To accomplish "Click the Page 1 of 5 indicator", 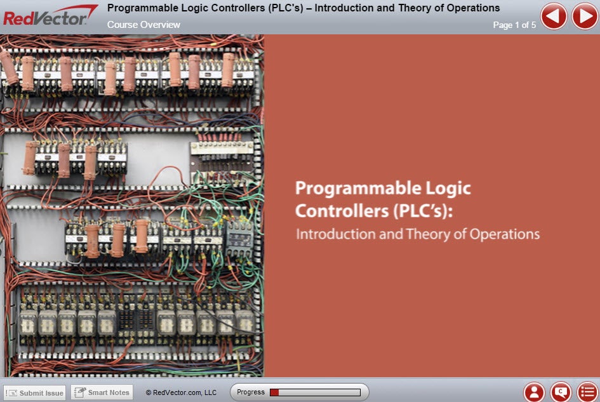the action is pyautogui.click(x=514, y=25).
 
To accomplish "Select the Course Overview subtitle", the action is pyautogui.click(x=143, y=25).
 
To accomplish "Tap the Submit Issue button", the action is pyautogui.click(x=35, y=393).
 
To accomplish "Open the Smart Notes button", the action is pyautogui.click(x=102, y=392).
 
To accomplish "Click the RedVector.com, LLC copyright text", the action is pyautogui.click(x=181, y=392).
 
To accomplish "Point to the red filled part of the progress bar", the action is pyautogui.click(x=274, y=392).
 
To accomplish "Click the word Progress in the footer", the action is pyautogui.click(x=251, y=392).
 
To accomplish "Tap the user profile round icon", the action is pyautogui.click(x=534, y=392).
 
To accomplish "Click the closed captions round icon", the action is pyautogui.click(x=561, y=392).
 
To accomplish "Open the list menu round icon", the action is pyautogui.click(x=587, y=392).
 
